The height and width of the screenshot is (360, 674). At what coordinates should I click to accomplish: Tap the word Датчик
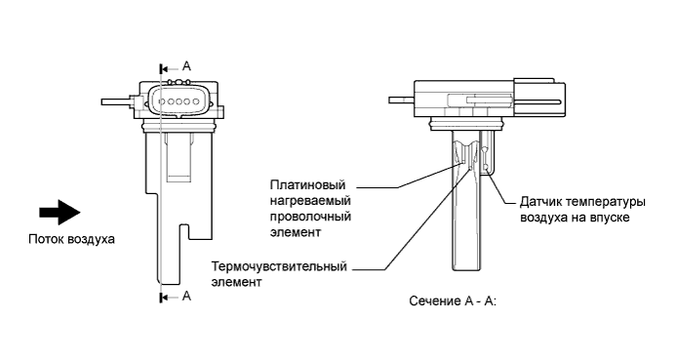[x=541, y=202]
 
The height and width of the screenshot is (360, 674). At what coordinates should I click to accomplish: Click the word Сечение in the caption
[x=439, y=301]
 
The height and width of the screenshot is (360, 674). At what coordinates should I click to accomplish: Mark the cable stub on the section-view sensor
[x=402, y=99]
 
